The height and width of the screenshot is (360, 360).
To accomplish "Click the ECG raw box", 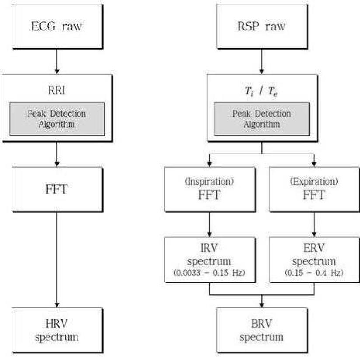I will (55, 26).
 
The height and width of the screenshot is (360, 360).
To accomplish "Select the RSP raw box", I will (262, 26).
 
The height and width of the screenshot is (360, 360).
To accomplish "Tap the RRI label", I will (55, 91).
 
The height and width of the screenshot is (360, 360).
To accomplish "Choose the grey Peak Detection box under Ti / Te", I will (262, 118).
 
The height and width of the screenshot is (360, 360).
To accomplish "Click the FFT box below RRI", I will (55, 190).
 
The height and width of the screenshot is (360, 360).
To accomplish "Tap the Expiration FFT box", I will (314, 190).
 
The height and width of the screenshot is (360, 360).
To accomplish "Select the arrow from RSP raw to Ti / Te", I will (262, 61).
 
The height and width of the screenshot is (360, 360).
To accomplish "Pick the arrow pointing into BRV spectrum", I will (262, 301).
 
